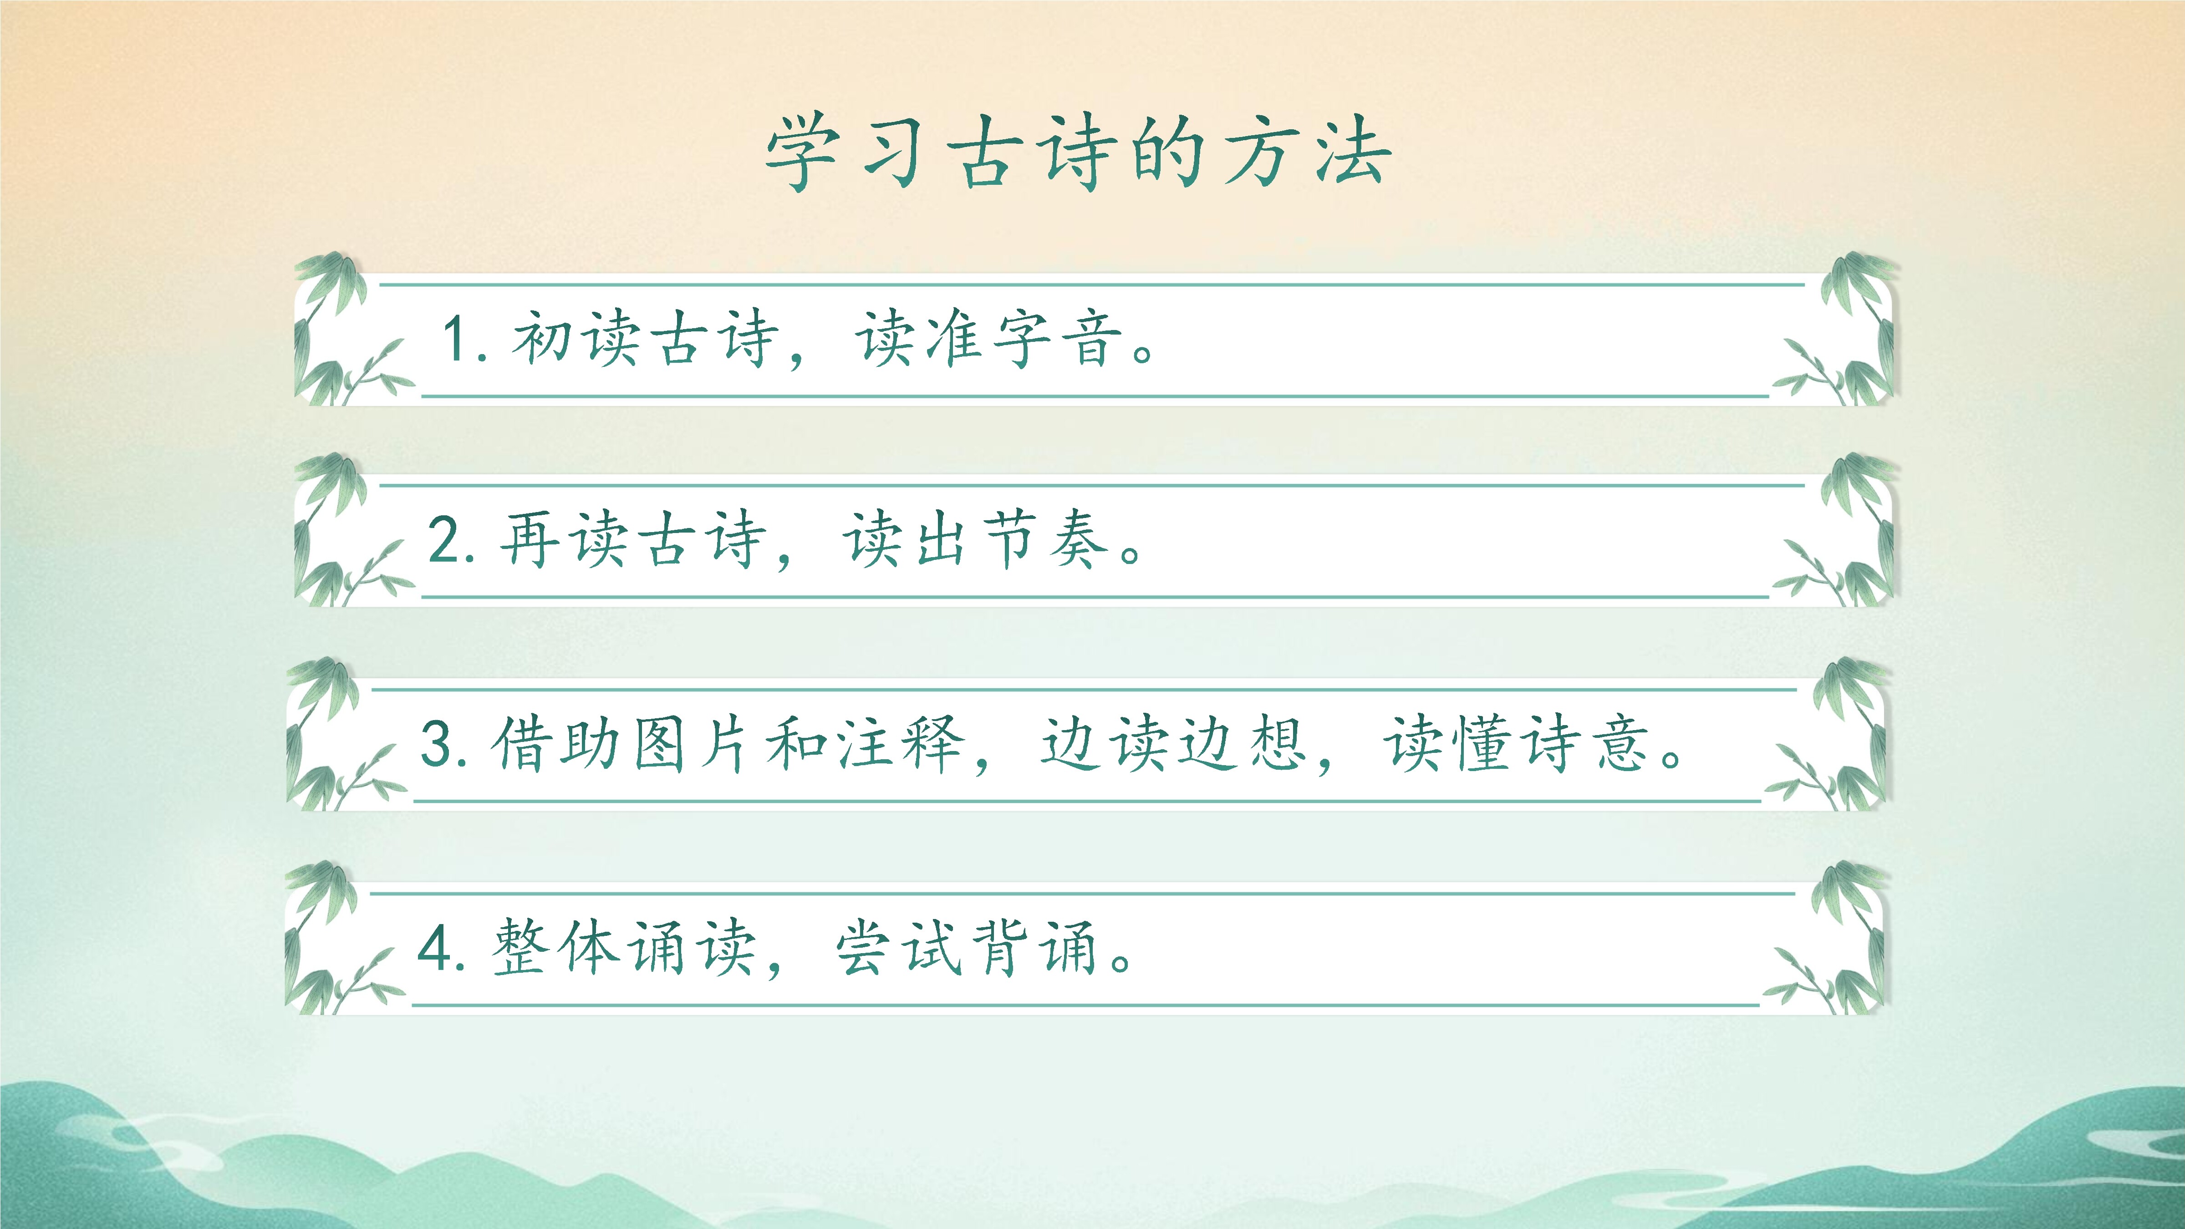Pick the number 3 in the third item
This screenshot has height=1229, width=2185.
click(x=438, y=744)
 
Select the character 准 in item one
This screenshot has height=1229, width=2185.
click(x=954, y=338)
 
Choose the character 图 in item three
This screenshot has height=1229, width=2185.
click(x=659, y=743)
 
